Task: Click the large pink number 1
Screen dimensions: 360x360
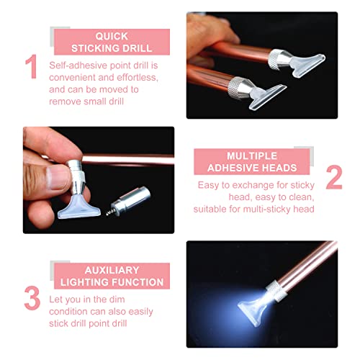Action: (32, 66)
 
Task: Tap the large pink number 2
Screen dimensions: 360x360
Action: (334, 177)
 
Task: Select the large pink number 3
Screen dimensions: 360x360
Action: (32, 298)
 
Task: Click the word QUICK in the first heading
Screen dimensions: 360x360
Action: (112, 36)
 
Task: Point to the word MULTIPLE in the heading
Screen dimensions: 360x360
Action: (252, 156)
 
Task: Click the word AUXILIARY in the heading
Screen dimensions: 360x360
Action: (112, 270)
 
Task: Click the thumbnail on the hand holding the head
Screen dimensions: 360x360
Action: (57, 178)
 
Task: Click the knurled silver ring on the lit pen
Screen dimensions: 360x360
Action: (276, 291)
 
